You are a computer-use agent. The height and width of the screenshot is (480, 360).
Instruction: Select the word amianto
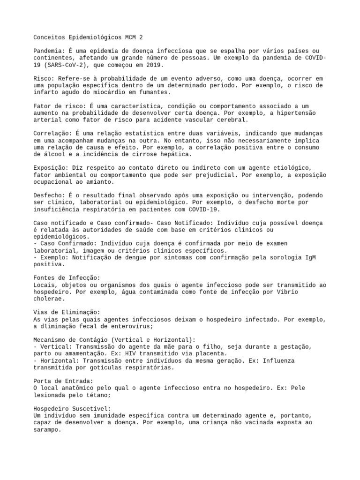pos(98,182)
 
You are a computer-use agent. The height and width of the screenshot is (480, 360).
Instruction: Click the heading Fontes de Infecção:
pos(67,278)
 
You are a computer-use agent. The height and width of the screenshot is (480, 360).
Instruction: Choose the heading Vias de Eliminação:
pos(67,312)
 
